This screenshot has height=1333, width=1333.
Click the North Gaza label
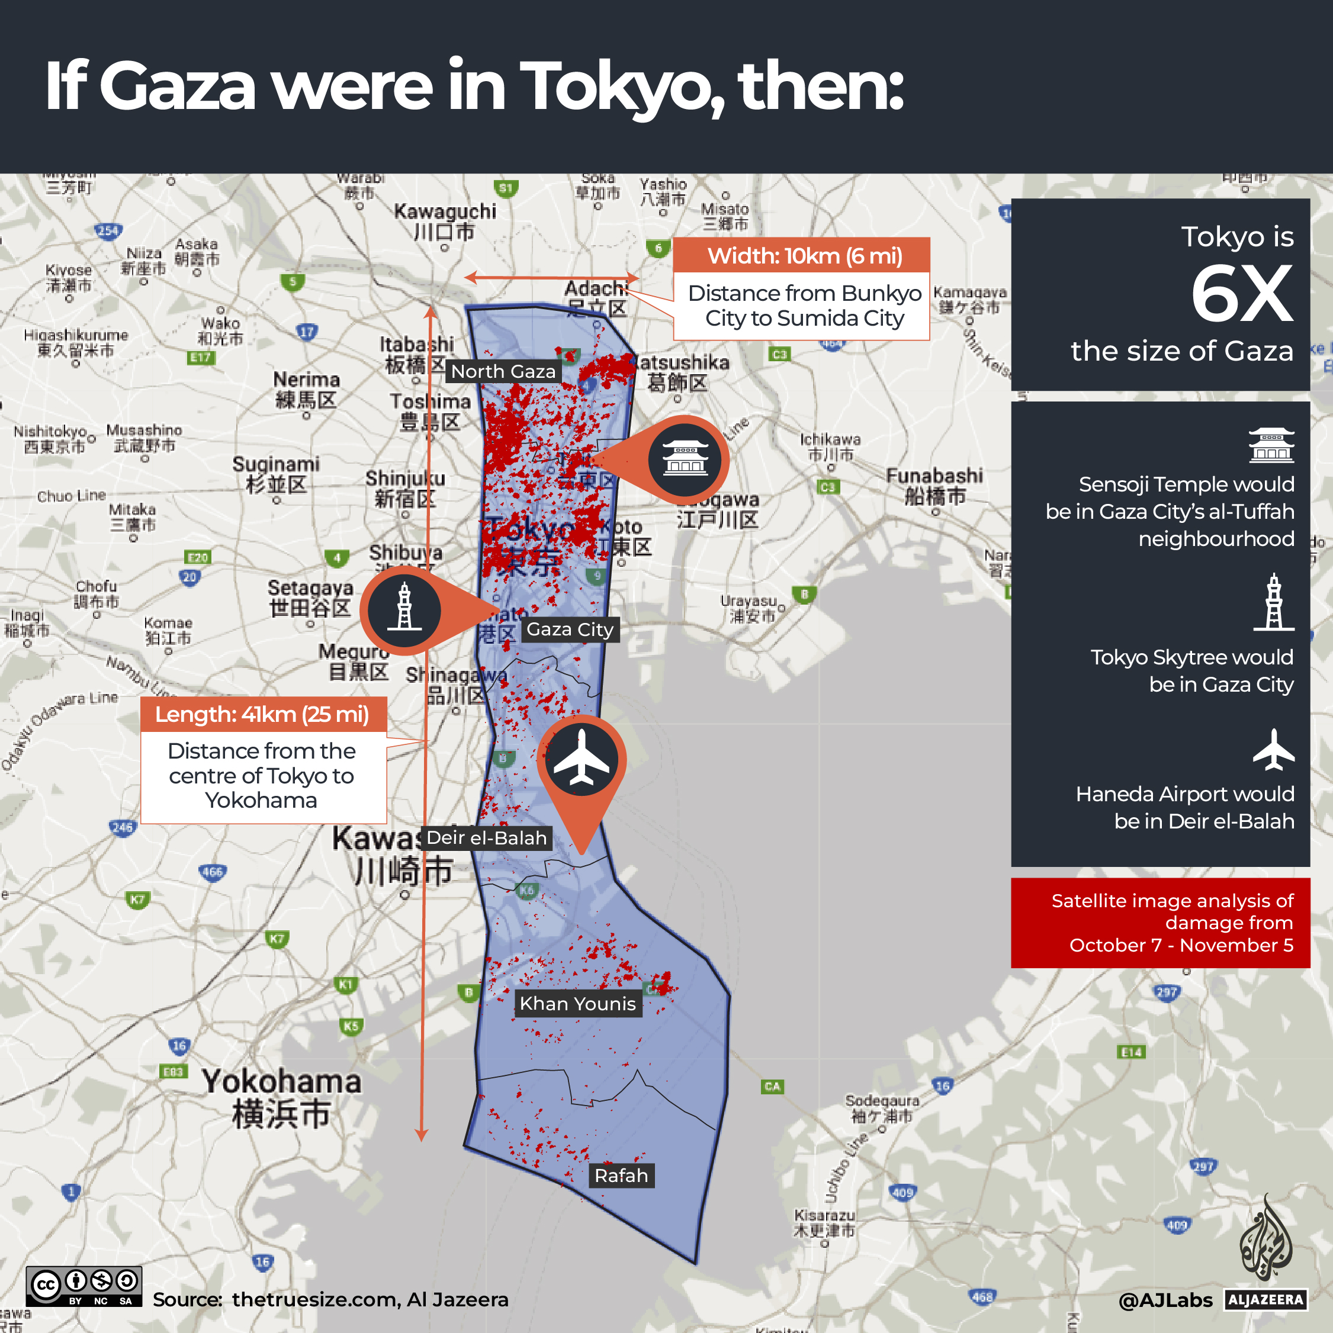point(503,371)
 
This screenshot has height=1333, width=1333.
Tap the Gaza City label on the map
point(570,629)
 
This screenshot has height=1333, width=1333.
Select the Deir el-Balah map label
point(486,837)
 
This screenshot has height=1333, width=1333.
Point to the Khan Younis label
point(577,1003)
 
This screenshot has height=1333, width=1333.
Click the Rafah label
point(621,1175)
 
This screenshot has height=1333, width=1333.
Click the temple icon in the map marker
point(685,459)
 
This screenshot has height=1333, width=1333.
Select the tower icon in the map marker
point(404,609)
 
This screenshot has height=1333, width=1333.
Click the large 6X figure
point(1241,295)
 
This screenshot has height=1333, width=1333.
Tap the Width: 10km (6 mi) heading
point(805,256)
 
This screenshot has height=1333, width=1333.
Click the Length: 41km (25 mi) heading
point(262,714)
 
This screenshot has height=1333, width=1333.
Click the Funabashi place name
point(934,477)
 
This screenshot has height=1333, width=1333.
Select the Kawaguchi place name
point(445,212)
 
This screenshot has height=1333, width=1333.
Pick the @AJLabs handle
point(1165,1300)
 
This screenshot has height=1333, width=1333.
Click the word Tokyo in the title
point(622,85)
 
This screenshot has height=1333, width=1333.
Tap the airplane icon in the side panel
point(1273,749)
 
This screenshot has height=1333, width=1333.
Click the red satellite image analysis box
point(1160,923)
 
